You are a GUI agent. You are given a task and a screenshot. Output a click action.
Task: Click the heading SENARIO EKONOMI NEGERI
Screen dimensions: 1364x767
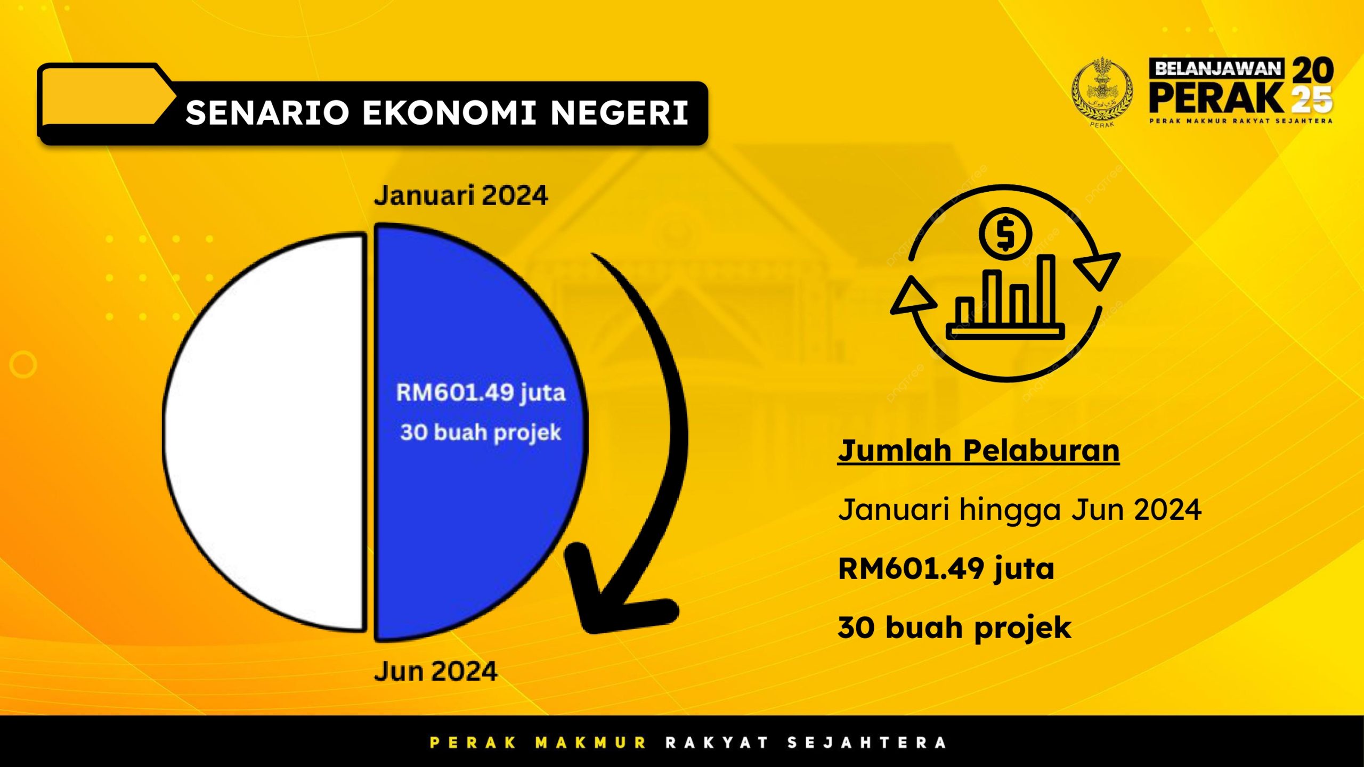(x=437, y=113)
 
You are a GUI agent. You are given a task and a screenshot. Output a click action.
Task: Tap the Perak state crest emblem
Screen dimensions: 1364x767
(x=1102, y=92)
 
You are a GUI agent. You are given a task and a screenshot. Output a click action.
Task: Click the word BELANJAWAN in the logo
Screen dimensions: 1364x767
(x=1217, y=69)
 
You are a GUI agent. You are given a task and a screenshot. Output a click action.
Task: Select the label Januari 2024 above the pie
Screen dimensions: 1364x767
(x=461, y=195)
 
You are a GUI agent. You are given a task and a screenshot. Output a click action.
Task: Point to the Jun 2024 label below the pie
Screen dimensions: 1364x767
(x=436, y=671)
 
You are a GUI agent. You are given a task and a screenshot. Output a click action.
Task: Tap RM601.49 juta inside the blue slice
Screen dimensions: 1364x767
(x=481, y=393)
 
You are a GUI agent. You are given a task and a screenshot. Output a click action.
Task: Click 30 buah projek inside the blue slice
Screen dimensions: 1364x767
(x=481, y=433)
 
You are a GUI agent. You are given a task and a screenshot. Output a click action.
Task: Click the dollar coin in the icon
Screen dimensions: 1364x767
(x=1005, y=234)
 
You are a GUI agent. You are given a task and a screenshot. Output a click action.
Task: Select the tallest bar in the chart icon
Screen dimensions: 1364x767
(x=1046, y=290)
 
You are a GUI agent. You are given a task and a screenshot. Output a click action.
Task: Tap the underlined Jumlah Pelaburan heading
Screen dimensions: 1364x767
(x=978, y=451)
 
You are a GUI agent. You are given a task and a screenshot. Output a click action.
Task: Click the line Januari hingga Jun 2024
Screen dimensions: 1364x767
(x=1020, y=510)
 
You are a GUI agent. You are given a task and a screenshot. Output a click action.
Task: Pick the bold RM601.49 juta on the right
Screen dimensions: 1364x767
(x=946, y=569)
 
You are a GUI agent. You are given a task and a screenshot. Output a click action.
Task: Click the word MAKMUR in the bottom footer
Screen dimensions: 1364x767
(x=591, y=742)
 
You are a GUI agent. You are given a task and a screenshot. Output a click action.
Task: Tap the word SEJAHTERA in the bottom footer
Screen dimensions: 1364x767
(x=867, y=742)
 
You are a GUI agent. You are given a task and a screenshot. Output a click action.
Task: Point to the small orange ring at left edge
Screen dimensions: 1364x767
(x=23, y=365)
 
